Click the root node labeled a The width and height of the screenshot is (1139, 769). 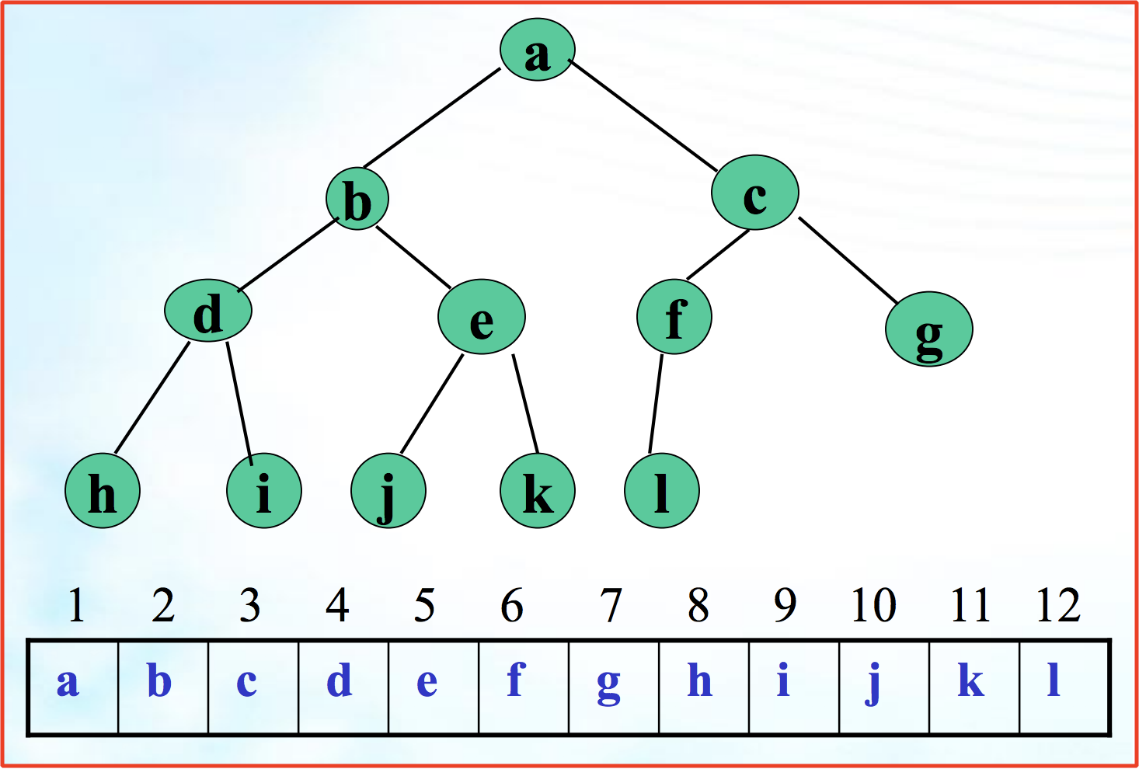[537, 50]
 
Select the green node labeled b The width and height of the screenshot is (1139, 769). [357, 199]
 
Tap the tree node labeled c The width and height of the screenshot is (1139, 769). [754, 193]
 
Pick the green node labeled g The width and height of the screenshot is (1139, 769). [928, 329]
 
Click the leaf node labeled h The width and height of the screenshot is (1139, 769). [103, 491]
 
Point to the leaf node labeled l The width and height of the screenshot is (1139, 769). [661, 491]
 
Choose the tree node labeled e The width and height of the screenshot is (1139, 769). [482, 317]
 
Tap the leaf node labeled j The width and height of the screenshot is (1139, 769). [388, 491]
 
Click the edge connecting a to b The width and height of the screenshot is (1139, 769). [432, 118]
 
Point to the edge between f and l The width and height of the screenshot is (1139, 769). [657, 403]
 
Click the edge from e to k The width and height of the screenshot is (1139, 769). [525, 403]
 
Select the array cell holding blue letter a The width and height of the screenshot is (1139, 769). [73, 687]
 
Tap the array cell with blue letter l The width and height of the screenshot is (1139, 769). [1064, 687]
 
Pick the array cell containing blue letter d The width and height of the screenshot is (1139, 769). [343, 687]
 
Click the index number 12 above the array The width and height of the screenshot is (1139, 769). [1058, 606]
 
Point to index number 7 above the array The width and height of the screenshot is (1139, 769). [611, 606]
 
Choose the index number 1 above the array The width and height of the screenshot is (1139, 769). [76, 606]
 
